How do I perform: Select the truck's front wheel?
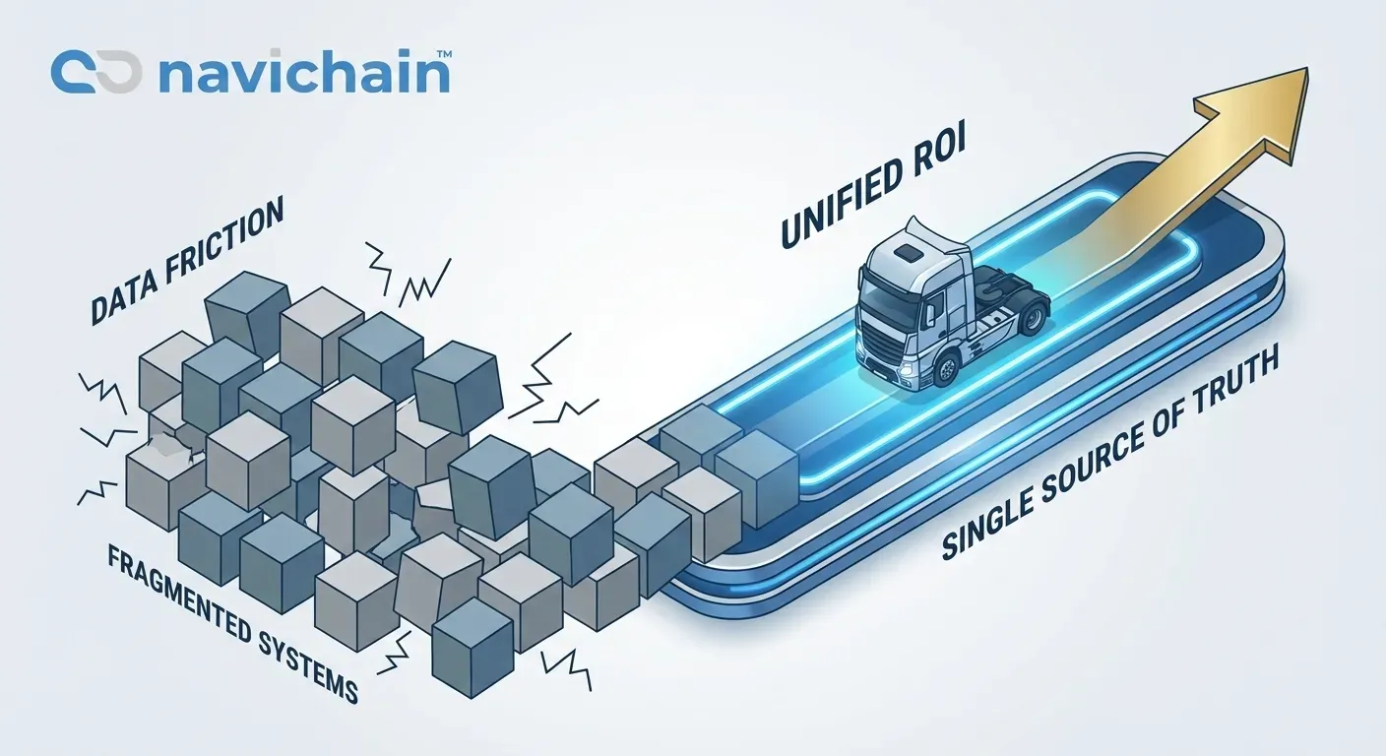click(947, 369)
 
